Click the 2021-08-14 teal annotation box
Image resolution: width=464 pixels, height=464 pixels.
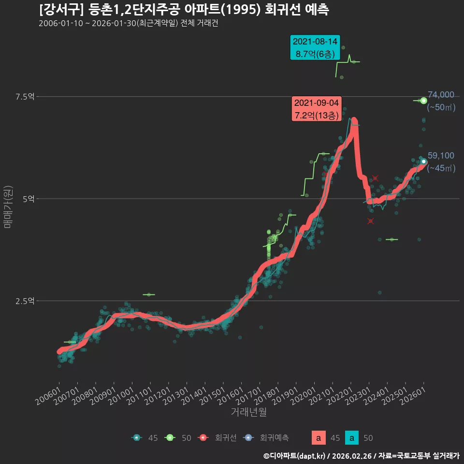click(315, 48)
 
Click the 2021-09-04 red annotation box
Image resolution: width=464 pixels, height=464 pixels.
click(316, 109)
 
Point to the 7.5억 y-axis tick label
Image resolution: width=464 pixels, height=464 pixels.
click(25, 97)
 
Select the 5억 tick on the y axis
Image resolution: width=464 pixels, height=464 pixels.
click(29, 199)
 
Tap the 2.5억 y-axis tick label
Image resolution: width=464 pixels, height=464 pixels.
click(25, 301)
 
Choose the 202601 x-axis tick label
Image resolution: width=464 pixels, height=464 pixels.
click(413, 396)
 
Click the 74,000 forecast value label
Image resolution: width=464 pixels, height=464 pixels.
click(441, 95)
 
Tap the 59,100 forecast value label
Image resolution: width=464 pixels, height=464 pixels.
click(441, 156)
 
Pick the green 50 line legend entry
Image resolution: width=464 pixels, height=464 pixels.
click(178, 438)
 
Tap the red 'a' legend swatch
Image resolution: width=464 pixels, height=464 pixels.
click(319, 438)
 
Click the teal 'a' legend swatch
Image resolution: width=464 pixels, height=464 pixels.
click(352, 438)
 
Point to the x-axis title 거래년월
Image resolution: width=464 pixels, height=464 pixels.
click(248, 412)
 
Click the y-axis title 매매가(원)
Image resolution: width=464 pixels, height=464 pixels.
click(8, 207)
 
